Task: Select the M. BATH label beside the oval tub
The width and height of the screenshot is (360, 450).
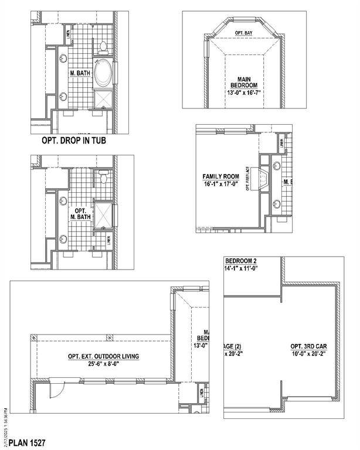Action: click(x=79, y=73)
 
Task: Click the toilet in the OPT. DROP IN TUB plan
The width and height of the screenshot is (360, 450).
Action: click(x=102, y=46)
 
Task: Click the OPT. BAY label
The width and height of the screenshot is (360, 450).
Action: click(x=243, y=33)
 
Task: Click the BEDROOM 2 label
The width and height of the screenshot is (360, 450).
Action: click(x=242, y=260)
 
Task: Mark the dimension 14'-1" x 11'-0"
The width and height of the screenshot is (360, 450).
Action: click(x=242, y=268)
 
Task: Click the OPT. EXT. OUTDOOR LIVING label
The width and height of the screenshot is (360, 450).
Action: click(x=103, y=356)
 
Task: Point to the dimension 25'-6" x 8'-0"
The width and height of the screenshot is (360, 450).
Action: click(x=103, y=364)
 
